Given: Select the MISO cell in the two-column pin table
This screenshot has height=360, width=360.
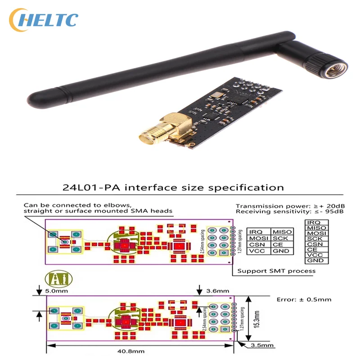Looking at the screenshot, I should pos(282,231).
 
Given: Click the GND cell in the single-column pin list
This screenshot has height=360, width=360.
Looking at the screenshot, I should pos(315,261).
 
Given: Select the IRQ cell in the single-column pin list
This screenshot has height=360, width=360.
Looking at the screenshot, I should pos(315,223).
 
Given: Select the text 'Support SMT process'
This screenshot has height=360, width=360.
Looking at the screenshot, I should pos(276,270).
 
